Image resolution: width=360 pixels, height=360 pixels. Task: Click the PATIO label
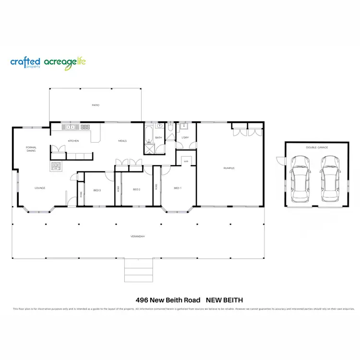[96, 105]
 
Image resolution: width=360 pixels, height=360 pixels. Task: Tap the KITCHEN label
[73, 141]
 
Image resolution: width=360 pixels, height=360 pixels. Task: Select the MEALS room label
[122, 141]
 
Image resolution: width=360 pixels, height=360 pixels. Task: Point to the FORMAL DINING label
[31, 149]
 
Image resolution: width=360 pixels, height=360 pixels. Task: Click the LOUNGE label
[40, 188]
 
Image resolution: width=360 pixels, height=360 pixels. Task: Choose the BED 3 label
[97, 190]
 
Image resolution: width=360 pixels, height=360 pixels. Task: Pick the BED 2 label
[136, 189]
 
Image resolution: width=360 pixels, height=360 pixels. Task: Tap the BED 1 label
[177, 188]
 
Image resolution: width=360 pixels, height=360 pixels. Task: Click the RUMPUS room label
[229, 168]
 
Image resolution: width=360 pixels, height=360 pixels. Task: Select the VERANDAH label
[137, 237]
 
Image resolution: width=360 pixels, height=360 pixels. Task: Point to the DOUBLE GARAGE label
[317, 147]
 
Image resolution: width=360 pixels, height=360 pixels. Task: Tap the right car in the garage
[330, 178]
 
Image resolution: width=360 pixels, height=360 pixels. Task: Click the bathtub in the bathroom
[149, 132]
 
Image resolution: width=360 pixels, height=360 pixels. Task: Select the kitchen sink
[70, 127]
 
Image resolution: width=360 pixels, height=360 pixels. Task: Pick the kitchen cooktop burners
[85, 127]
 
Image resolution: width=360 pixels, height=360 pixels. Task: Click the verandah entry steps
[139, 270]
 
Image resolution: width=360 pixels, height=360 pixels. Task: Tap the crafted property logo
[25, 62]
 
